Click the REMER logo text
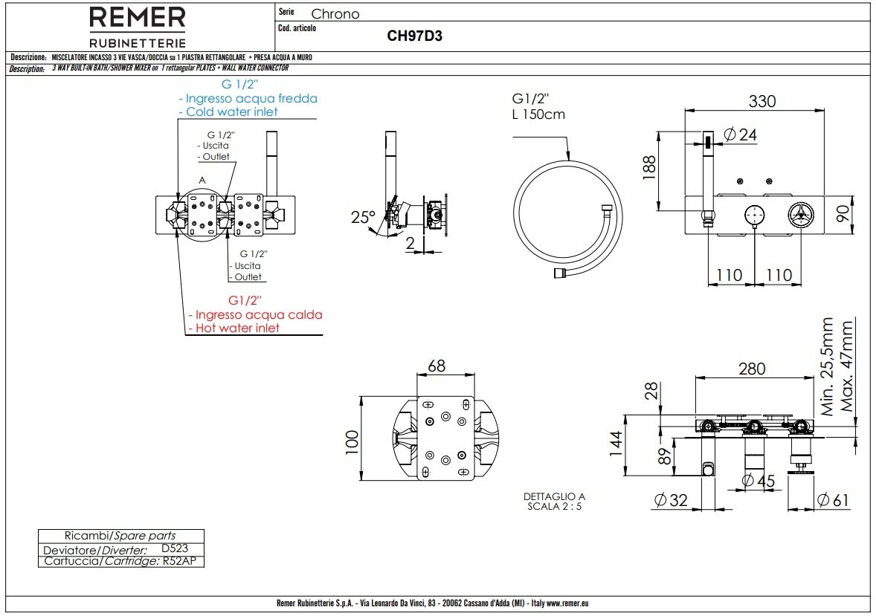[138, 18]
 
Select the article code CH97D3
[415, 36]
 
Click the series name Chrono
[335, 14]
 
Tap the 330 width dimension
[761, 101]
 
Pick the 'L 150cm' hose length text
[538, 114]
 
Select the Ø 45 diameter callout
[759, 481]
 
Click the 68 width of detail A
[437, 366]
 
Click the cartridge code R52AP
[181, 561]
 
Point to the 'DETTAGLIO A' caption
[555, 496]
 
